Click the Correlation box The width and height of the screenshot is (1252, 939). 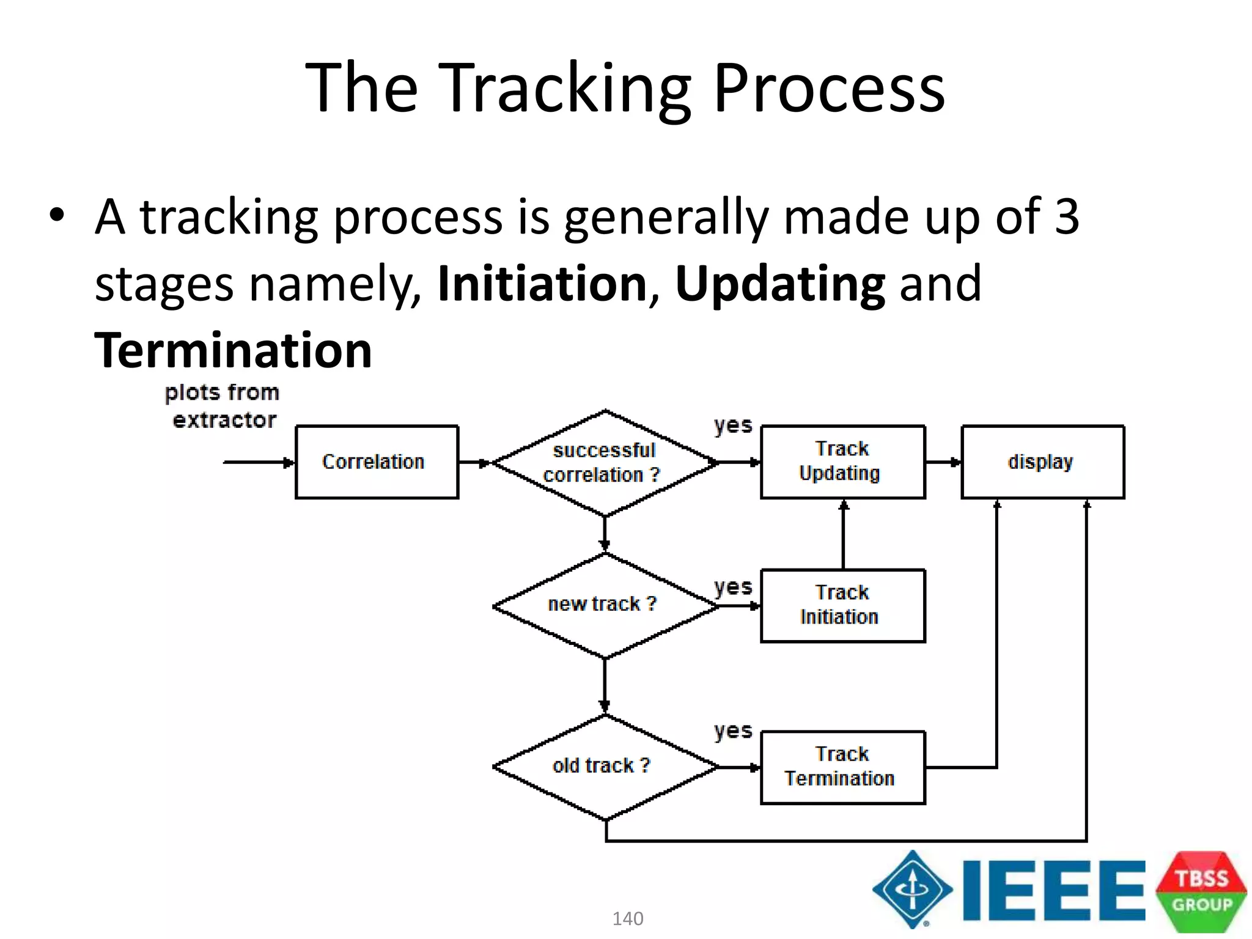[377, 462]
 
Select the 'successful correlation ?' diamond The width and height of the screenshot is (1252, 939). [605, 463]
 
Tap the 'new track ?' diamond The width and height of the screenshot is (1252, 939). [605, 605]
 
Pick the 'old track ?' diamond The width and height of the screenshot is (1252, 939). [605, 767]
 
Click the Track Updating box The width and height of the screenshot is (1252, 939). [842, 462]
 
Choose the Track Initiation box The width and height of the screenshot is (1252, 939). [842, 605]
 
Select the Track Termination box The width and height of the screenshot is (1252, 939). [842, 767]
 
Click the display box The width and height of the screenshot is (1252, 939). [1042, 462]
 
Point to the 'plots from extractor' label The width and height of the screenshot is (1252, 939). [223, 406]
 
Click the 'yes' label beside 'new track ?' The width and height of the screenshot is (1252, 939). [733, 587]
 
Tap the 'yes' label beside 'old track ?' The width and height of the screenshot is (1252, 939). [733, 731]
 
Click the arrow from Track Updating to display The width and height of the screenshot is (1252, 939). [943, 463]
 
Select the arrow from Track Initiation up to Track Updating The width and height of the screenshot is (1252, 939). [844, 535]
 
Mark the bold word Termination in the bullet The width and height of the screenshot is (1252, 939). [234, 350]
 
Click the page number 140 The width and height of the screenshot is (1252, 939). [628, 918]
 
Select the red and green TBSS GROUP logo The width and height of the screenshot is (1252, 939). [1201, 891]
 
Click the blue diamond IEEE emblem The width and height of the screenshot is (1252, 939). [913, 889]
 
